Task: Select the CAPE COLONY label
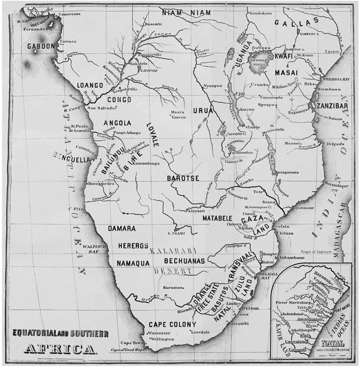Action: pos(172,325)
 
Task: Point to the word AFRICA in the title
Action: pos(60,349)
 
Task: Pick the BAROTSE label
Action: pos(183,178)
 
